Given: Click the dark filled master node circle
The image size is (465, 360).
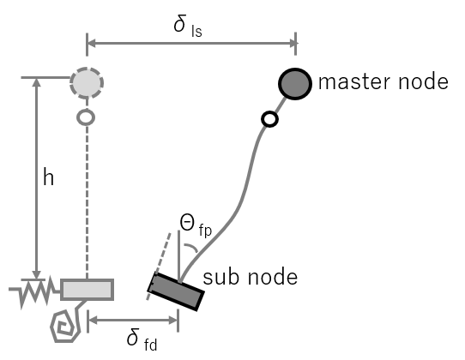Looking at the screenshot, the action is pos(295,84).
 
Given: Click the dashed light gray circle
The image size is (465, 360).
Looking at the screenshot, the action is pos(87,83).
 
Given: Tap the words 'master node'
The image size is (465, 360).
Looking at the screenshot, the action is pos(383,81).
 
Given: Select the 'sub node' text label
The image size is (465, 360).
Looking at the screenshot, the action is pos(250,277).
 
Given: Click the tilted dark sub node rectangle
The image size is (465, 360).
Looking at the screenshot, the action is pos(176,291).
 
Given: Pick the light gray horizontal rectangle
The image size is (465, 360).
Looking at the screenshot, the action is pos(87,290).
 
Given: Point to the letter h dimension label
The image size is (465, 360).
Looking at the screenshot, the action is pos(48,177).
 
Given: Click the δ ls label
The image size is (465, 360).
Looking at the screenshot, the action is pos(188,26).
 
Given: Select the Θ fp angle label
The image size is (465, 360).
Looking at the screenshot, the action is pos(196,225).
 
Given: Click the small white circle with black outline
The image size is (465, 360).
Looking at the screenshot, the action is pos(269,119).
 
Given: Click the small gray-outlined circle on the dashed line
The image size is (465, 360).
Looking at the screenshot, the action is pos(86,117).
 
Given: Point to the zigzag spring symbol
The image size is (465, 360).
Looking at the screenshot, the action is pos(33,291).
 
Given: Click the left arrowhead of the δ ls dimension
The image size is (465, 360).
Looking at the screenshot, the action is pos(91,44).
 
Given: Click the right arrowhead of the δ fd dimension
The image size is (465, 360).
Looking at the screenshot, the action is pos(173,320).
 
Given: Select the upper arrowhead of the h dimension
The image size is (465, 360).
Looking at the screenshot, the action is pos(37,82).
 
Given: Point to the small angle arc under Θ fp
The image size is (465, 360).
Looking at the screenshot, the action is pos(191,248).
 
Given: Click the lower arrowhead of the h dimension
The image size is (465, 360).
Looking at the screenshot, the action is pos(37,274).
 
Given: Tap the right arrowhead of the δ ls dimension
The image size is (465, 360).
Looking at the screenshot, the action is pos(291,44).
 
